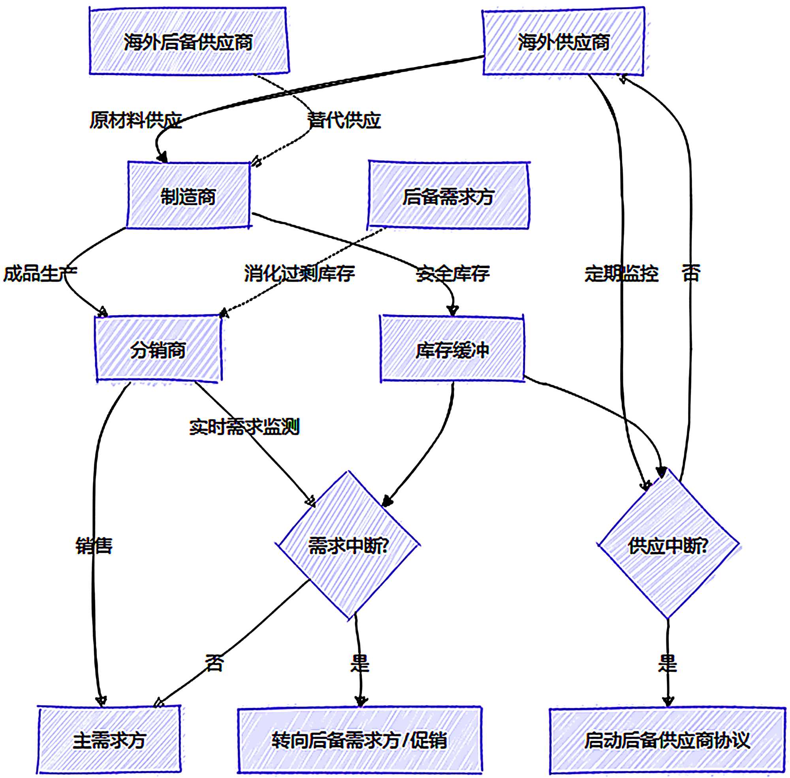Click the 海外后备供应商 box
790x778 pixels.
(x=189, y=41)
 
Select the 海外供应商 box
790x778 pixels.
(x=563, y=42)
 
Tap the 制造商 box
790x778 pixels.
(x=188, y=196)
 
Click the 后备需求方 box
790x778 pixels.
(x=448, y=196)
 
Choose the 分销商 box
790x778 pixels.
(x=158, y=350)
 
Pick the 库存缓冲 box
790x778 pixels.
(x=452, y=350)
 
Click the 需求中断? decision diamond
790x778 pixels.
(x=349, y=545)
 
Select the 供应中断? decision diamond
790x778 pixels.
(x=668, y=545)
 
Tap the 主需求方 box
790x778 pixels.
(x=109, y=740)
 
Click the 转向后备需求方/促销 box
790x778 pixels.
(x=359, y=740)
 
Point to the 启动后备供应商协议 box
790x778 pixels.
(x=667, y=740)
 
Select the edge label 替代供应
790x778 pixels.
(x=344, y=120)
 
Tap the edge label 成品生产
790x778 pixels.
(x=40, y=273)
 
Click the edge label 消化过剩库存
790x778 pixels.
(x=299, y=273)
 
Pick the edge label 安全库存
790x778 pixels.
(x=452, y=273)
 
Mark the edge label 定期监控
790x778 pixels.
(x=621, y=273)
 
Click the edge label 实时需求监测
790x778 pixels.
(x=245, y=427)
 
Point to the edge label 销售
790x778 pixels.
(x=94, y=545)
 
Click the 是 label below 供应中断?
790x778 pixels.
(x=668, y=663)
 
